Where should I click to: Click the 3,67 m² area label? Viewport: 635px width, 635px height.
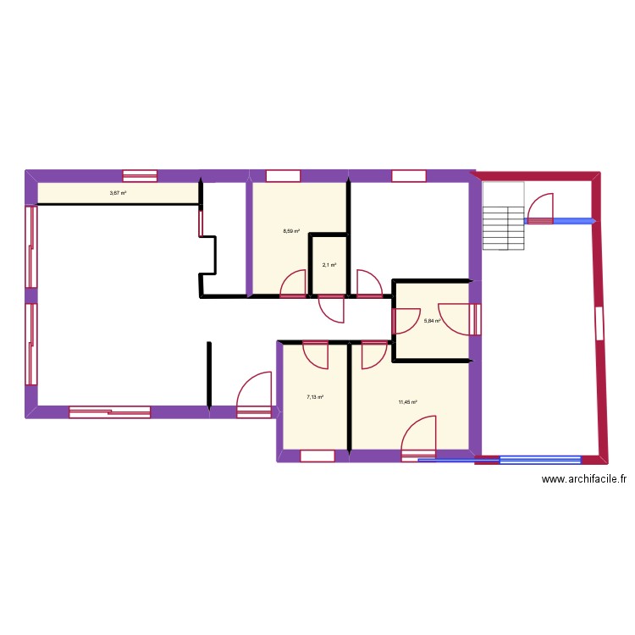(118, 193)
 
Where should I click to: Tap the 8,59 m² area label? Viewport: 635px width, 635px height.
(291, 231)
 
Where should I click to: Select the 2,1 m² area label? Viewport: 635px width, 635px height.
(329, 265)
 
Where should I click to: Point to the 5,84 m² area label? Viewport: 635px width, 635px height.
(432, 320)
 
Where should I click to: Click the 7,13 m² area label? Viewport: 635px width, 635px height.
(316, 396)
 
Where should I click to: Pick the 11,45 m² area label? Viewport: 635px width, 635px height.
(408, 402)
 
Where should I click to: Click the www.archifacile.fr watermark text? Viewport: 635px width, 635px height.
(584, 479)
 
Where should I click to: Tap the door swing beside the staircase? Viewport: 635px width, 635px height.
(540, 208)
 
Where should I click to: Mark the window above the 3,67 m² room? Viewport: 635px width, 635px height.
(140, 176)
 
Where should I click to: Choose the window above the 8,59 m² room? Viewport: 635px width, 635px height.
(284, 176)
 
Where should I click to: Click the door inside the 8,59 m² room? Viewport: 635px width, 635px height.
(293, 284)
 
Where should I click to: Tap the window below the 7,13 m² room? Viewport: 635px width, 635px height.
(317, 456)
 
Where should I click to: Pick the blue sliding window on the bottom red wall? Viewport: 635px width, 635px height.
(539, 460)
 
